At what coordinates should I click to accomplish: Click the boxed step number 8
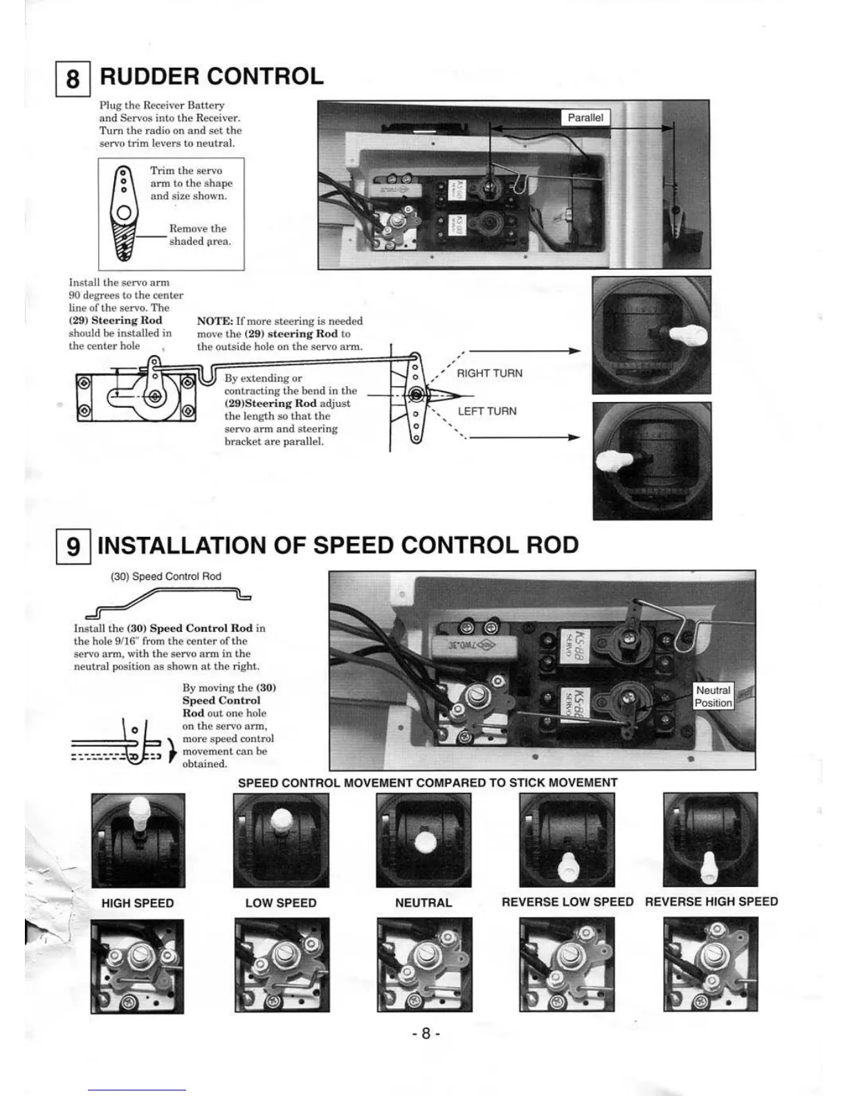click(x=73, y=77)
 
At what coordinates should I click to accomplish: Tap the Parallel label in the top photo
click(x=585, y=118)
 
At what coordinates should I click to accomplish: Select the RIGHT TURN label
click(x=489, y=374)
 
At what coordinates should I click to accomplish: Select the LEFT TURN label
click(x=487, y=412)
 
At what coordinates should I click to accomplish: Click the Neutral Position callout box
click(x=713, y=697)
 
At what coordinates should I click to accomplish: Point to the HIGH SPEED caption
click(x=138, y=903)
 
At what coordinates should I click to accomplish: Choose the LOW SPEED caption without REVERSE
click(x=281, y=903)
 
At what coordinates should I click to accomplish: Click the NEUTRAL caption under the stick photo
click(x=423, y=903)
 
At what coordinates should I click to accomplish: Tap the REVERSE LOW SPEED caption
click(x=567, y=902)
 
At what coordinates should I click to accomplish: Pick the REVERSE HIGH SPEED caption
click(x=711, y=902)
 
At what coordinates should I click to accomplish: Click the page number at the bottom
click(x=426, y=1034)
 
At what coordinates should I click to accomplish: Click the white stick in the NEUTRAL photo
click(x=423, y=843)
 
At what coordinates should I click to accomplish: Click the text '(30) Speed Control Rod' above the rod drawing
click(x=166, y=576)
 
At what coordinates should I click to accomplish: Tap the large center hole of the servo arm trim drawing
click(x=123, y=212)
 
